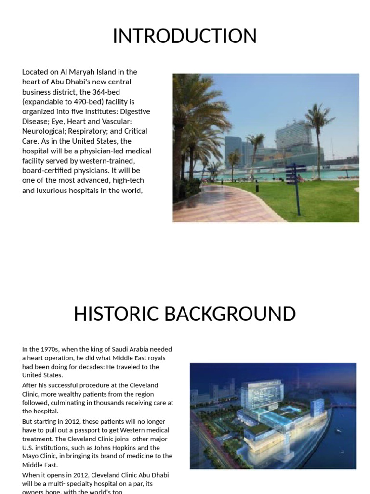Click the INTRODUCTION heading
(185, 37)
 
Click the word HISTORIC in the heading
(116, 315)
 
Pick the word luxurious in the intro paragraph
(54, 191)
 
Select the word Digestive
(134, 111)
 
